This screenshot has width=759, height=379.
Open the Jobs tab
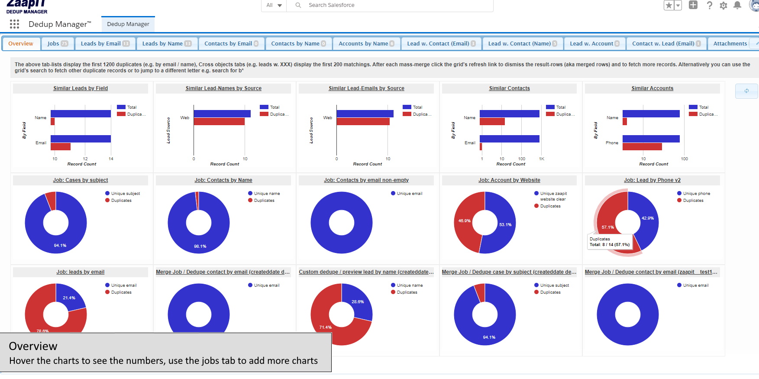click(x=57, y=44)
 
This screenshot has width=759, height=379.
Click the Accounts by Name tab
click(x=366, y=44)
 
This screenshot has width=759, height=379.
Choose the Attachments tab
click(x=730, y=44)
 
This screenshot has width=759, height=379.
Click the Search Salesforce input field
click(x=390, y=5)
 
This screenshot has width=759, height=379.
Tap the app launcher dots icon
click(x=14, y=24)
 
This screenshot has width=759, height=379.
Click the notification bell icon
click(x=737, y=5)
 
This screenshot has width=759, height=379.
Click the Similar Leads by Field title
click(x=81, y=88)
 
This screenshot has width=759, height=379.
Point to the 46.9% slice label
click(x=464, y=221)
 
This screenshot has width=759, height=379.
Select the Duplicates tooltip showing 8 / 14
click(x=610, y=242)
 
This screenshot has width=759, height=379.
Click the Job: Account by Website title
click(x=509, y=180)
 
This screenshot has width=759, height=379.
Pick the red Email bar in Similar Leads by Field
click(x=60, y=147)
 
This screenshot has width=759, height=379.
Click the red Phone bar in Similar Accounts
click(x=642, y=147)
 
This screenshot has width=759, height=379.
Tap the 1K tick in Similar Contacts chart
click(x=541, y=159)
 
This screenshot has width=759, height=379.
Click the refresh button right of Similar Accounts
click(x=746, y=91)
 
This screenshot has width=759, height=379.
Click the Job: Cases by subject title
click(x=81, y=180)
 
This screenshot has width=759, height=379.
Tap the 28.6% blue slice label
click(x=358, y=302)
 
